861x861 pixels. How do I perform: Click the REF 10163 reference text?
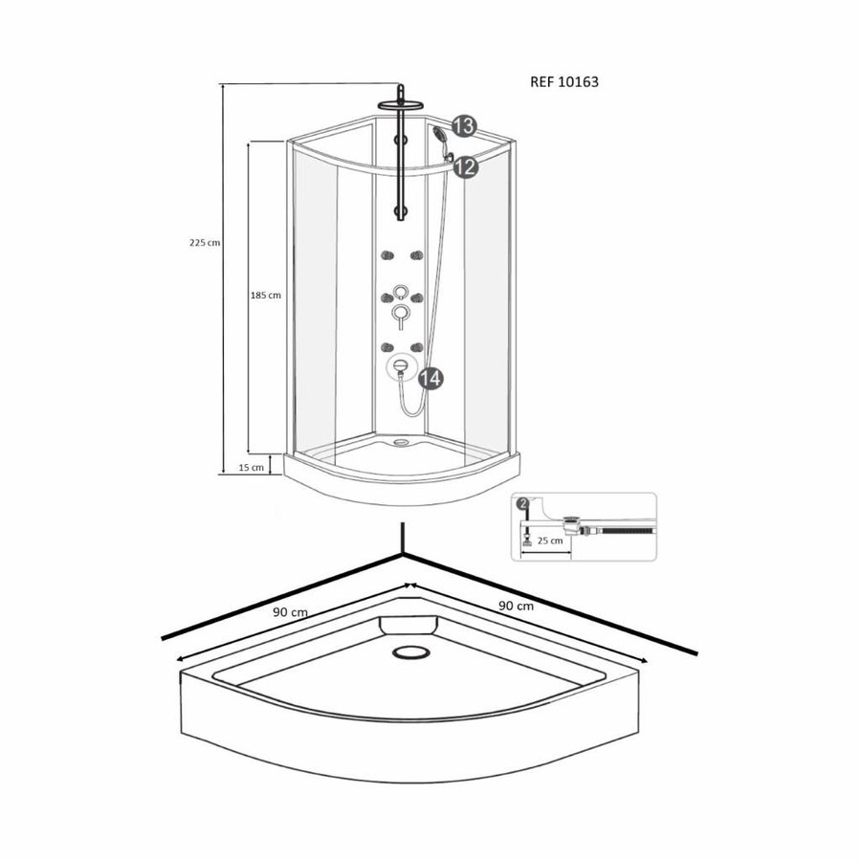[x=563, y=82]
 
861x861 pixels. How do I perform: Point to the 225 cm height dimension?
[x=205, y=243]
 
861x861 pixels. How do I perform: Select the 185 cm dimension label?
[x=265, y=296]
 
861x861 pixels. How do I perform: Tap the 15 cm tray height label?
[x=252, y=467]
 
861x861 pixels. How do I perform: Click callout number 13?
[x=464, y=126]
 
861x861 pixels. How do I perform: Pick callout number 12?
[x=465, y=166]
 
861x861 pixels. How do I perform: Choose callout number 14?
[x=430, y=379]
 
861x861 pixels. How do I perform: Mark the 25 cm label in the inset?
[x=549, y=541]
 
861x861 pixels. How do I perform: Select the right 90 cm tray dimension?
[x=517, y=606]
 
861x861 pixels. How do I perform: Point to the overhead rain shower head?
[x=402, y=103]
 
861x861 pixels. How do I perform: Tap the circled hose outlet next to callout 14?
[x=400, y=366]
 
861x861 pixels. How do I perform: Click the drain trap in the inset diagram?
[x=575, y=524]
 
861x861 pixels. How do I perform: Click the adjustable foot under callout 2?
[x=524, y=539]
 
